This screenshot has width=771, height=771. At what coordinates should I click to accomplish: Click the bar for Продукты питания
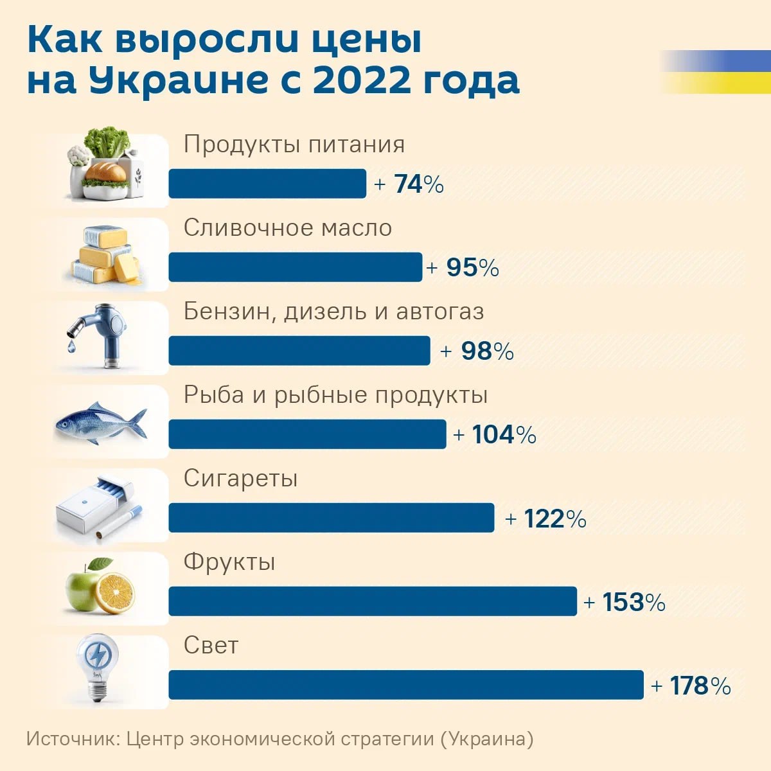point(267,184)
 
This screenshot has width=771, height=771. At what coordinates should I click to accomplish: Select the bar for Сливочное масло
point(296,267)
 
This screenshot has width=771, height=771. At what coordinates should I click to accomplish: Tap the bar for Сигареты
point(332,518)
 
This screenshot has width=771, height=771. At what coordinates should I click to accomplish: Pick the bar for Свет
point(406,685)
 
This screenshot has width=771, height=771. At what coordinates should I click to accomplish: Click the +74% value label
point(409,184)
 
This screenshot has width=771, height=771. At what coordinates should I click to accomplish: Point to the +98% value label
point(477,351)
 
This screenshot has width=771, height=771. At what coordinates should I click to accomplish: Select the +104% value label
point(495,435)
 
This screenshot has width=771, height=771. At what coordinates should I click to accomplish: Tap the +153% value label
point(625,602)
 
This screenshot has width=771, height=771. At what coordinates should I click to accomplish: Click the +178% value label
point(691,686)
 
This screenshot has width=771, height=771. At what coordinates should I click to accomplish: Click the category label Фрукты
point(229,562)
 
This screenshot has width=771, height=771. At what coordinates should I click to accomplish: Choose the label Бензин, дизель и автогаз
point(333,312)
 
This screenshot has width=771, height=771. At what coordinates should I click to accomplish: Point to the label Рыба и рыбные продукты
point(335,395)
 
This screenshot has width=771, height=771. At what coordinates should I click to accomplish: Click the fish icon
point(101,422)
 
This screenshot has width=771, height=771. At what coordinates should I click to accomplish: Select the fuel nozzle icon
point(100,334)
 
